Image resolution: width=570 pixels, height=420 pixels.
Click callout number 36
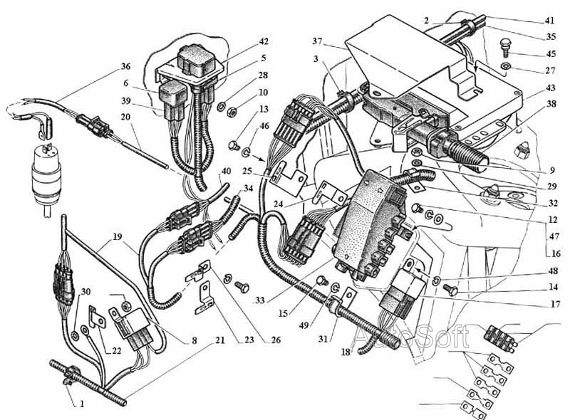[125, 66]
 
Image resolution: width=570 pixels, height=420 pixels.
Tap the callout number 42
[264, 41]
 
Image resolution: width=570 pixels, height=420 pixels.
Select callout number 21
[220, 340]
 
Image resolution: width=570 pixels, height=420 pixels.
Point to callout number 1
[82, 404]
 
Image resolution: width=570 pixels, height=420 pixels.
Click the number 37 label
[317, 41]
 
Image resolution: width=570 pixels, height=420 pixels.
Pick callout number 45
[551, 54]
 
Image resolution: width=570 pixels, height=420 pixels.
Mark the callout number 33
[260, 300]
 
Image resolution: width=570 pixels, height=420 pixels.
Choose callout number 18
[346, 352]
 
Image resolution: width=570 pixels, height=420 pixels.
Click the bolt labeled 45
[506, 46]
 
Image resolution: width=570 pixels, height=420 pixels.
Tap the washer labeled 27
[506, 66]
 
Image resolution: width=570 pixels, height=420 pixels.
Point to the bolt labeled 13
[233, 145]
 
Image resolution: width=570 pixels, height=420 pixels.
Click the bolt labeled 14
[450, 289]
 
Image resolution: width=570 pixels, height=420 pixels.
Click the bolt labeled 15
[322, 280]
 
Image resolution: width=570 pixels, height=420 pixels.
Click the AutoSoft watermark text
[412, 337]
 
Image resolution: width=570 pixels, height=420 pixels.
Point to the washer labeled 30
[75, 336]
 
